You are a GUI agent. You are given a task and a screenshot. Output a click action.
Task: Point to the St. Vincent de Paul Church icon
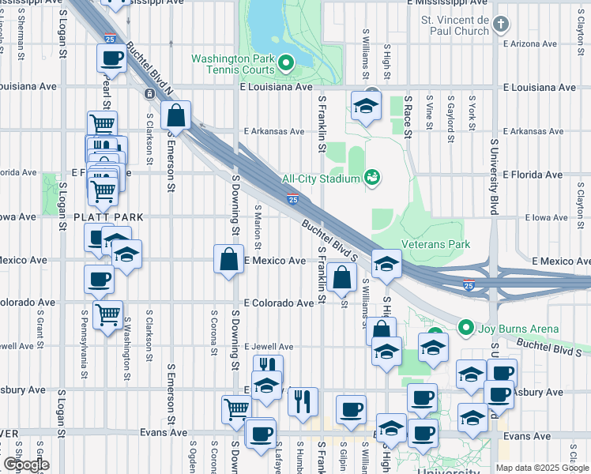(x=499, y=24)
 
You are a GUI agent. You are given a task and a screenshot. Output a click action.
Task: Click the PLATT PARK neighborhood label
(x=109, y=216)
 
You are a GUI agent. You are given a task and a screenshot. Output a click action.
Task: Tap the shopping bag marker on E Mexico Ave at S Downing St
(x=228, y=259)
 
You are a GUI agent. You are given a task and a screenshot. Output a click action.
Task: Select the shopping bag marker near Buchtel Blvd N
(x=175, y=116)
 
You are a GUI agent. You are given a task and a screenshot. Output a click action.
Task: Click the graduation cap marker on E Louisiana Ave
(x=366, y=106)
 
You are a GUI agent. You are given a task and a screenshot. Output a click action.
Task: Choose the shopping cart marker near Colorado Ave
(x=107, y=314)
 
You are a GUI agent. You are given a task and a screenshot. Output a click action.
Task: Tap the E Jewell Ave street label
(x=269, y=346)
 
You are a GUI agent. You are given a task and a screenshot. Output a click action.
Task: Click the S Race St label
(x=408, y=117)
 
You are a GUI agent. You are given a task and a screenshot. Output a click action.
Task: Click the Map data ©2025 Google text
(x=541, y=468)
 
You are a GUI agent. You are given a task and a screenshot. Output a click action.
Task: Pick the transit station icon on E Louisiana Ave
(x=149, y=93)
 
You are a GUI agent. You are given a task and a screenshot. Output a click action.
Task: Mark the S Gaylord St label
(x=450, y=117)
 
